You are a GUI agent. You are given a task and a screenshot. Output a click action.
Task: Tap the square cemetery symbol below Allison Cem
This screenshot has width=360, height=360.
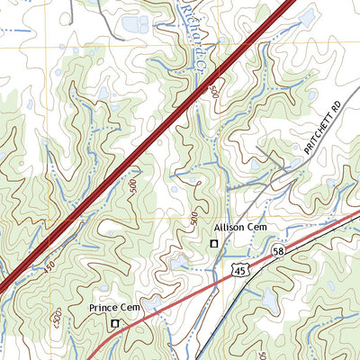[214, 244]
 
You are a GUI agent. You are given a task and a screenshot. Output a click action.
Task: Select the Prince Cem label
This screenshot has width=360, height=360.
[115, 308]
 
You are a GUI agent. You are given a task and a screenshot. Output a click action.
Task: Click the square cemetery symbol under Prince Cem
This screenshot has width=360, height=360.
[114, 323]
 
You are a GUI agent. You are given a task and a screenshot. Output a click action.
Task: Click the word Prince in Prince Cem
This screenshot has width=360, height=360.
[104, 308]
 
